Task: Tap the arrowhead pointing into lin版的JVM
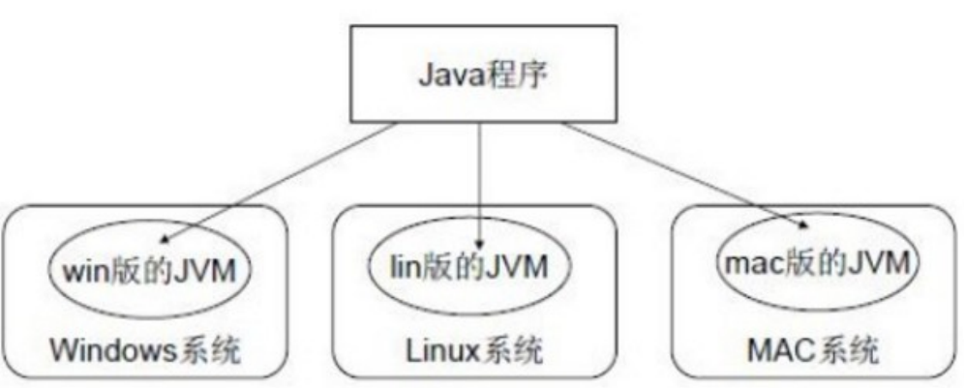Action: coord(481,242)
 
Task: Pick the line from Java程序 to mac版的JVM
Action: coord(678,174)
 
